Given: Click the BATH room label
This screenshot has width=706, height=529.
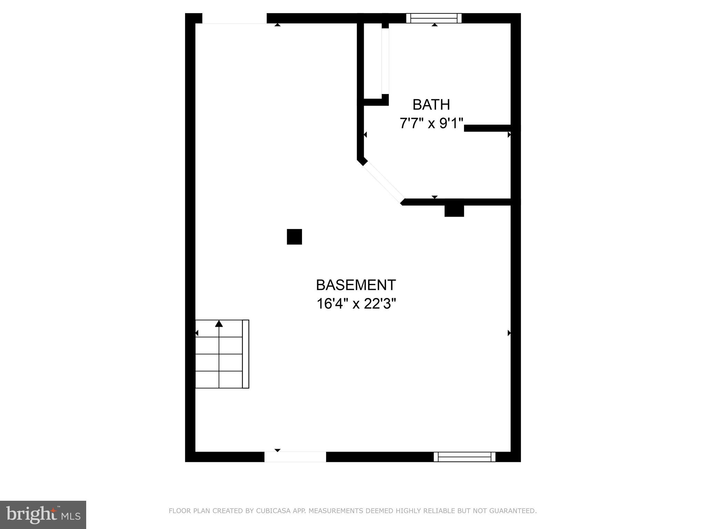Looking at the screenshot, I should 431,105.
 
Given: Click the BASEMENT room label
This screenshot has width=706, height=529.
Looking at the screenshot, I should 356,285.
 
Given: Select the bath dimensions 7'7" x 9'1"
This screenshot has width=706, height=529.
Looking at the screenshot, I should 431,123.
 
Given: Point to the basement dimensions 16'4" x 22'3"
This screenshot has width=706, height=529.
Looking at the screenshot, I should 356,304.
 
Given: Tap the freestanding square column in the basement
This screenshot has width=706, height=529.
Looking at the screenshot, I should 294,237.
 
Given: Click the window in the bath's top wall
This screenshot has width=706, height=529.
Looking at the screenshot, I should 434,18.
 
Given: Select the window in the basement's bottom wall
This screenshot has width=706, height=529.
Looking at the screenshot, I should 464,457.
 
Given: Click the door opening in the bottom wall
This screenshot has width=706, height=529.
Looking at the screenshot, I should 295,457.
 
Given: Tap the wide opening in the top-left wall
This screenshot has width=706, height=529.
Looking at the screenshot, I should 234,18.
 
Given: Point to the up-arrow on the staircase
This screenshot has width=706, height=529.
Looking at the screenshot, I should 219,324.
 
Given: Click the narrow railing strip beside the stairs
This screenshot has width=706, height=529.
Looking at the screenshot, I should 245,354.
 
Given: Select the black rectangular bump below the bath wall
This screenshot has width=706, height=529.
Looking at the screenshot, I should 454,211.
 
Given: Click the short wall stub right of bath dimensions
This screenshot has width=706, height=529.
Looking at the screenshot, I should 487,128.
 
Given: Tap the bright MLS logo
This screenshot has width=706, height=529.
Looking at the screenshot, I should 43,515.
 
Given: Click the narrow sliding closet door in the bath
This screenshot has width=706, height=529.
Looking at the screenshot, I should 385,61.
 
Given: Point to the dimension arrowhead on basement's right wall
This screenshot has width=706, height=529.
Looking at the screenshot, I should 509,333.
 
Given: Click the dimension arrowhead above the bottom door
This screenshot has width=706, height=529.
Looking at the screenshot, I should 278,450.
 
